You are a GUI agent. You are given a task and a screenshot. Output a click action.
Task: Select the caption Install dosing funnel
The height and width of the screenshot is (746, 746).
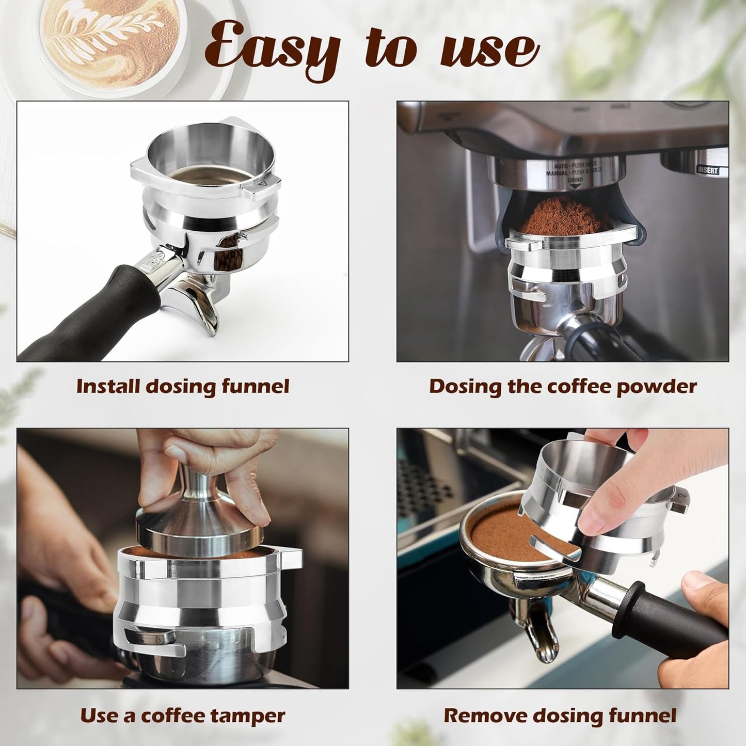click(x=183, y=387)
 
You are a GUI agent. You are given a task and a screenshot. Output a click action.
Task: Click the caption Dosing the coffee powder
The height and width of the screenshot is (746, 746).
click(x=563, y=387)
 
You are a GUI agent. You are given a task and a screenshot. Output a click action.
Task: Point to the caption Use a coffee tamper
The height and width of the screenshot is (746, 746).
click(x=183, y=716)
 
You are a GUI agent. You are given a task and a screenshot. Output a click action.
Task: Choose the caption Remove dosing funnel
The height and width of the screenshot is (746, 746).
click(x=560, y=716)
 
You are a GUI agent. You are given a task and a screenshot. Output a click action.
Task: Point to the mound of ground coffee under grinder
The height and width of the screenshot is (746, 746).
click(x=565, y=217)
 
